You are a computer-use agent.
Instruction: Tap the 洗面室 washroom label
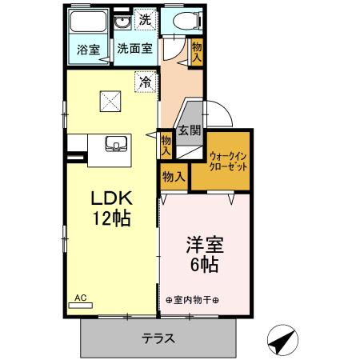(134, 49)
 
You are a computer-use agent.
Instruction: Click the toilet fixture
(178, 22)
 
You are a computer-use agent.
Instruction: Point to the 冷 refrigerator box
(145, 81)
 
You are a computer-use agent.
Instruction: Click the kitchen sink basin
(117, 145)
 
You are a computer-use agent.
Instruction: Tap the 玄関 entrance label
(189, 130)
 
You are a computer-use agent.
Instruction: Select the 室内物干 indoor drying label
(194, 300)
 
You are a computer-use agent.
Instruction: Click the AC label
(80, 298)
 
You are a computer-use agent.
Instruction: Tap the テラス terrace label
(159, 338)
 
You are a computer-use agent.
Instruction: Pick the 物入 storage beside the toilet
(197, 53)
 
